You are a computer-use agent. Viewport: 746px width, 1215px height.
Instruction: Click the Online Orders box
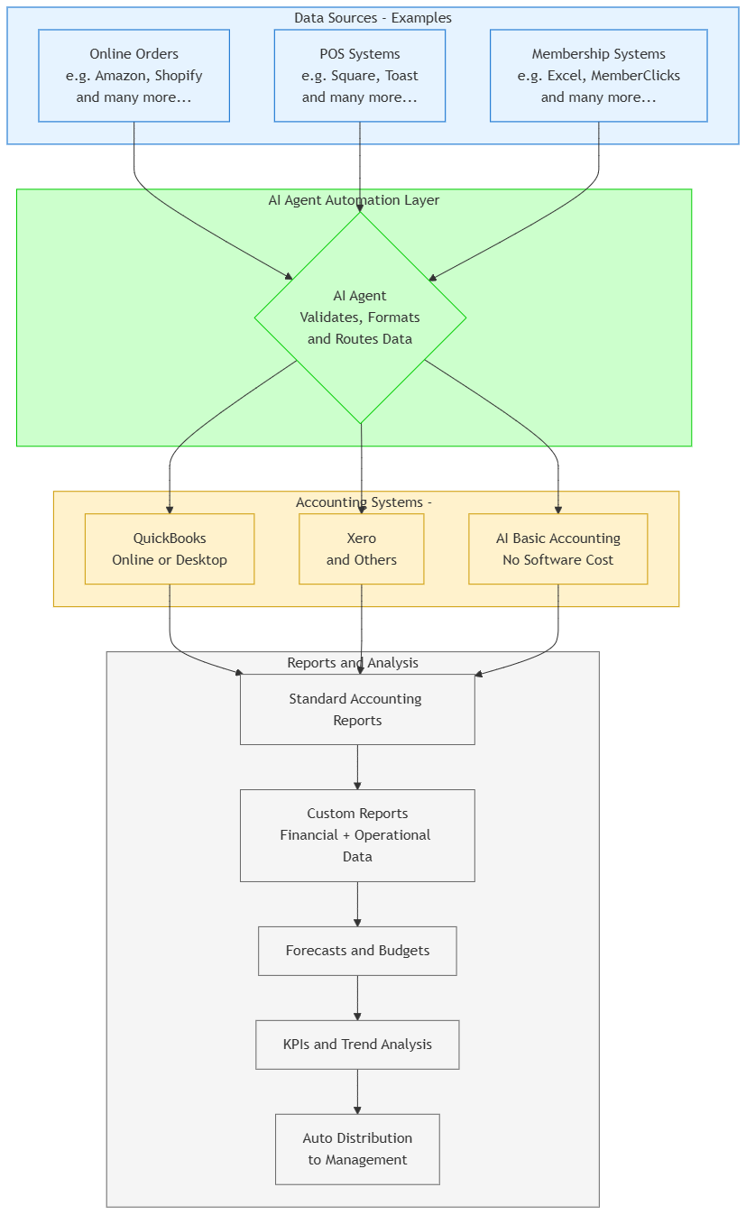pos(134,76)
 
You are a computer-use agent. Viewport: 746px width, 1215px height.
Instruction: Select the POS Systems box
pos(359,76)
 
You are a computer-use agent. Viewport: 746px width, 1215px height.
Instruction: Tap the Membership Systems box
pos(598,76)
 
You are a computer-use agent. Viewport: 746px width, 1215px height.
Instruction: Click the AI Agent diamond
pos(360,318)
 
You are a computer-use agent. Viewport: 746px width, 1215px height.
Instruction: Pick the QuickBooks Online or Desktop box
pos(170,549)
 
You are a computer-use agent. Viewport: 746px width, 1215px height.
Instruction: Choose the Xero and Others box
pos(361,549)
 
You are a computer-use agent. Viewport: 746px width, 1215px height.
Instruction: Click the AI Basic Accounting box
pos(557,549)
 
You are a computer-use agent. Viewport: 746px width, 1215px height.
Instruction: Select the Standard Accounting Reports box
pos(357,709)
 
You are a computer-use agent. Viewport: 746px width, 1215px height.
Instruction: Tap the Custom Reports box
pos(357,835)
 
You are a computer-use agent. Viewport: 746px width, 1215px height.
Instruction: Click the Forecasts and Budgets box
pos(357,951)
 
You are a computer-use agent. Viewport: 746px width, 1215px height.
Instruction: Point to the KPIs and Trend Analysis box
pos(357,1045)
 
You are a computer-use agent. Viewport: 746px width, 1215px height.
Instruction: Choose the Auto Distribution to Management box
pos(357,1149)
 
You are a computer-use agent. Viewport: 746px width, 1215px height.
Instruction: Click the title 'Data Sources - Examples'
pos(373,18)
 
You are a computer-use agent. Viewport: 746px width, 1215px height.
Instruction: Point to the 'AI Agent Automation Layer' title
pos(354,200)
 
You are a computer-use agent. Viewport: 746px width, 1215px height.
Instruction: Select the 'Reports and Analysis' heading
pos(353,663)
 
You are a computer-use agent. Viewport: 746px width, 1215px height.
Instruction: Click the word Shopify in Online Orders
pos(179,76)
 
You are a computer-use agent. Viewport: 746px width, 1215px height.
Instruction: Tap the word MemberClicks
pos(635,76)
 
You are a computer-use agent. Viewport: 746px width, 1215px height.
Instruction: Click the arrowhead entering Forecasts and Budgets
pos(357,922)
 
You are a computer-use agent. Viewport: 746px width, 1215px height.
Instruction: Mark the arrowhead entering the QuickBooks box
pos(170,510)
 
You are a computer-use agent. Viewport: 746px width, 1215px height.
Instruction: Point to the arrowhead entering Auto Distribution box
pos(357,1109)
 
